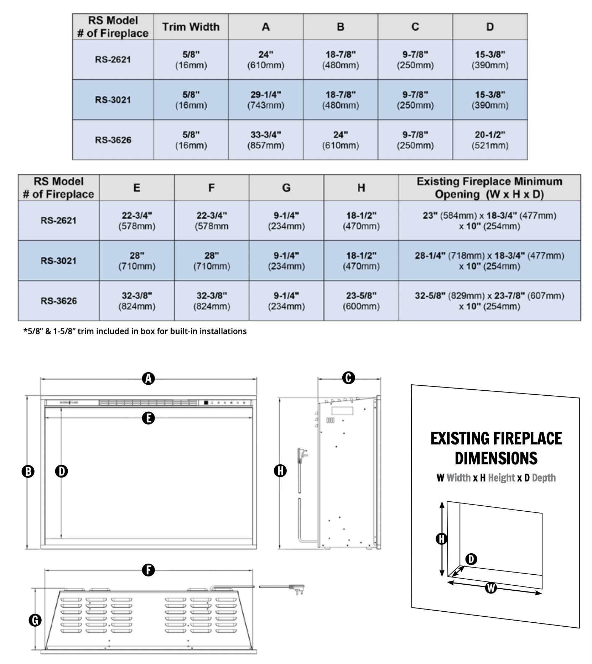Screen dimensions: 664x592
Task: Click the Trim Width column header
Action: tap(191, 27)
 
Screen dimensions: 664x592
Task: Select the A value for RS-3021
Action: tap(266, 100)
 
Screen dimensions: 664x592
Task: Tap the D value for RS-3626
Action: tap(490, 140)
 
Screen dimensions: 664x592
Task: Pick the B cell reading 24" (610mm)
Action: tap(340, 140)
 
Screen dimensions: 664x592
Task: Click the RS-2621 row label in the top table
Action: tap(113, 59)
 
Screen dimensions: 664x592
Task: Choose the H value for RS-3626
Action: tap(361, 301)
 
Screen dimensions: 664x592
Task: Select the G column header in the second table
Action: tap(286, 188)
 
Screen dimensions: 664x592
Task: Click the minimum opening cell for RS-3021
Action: tap(489, 260)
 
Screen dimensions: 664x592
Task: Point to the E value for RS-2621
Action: tap(137, 220)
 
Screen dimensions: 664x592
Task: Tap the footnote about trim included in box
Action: tap(135, 331)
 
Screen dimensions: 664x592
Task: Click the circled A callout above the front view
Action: tap(149, 378)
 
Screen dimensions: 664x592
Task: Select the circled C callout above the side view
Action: tap(348, 378)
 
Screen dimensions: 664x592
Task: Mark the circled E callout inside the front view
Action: tap(149, 418)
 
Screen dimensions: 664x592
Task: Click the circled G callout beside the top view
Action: tap(35, 620)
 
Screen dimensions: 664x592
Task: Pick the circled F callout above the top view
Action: tap(148, 570)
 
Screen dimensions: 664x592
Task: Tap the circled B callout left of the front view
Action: tap(28, 471)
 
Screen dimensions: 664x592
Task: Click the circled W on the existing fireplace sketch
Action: tap(491, 587)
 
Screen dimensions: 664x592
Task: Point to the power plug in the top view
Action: tap(297, 589)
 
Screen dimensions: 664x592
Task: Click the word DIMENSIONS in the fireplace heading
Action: tap(496, 458)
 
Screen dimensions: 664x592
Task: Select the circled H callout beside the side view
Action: tap(280, 470)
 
